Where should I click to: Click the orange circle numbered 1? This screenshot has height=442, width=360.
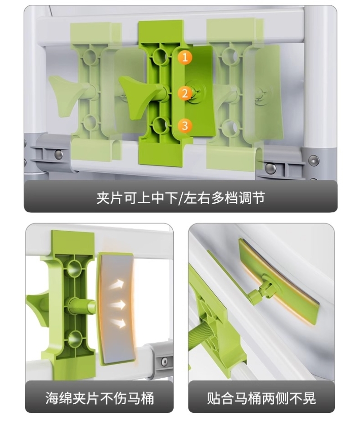point(185,58)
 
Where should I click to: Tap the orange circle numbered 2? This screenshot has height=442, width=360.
point(185,93)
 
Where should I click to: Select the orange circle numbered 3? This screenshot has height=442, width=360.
point(185,125)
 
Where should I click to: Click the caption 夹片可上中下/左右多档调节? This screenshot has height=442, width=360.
point(180,197)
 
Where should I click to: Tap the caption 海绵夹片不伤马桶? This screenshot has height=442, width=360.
point(99,398)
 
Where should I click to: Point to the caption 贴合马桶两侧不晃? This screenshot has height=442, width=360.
point(261,398)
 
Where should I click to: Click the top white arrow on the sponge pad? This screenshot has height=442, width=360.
point(117,284)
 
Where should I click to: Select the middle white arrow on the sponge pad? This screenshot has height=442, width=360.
point(118,305)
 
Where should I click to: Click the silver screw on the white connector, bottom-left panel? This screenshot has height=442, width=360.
point(164,362)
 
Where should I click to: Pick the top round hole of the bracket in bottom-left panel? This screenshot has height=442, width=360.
point(75,267)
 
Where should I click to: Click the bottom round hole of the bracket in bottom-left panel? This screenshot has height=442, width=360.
point(75,338)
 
